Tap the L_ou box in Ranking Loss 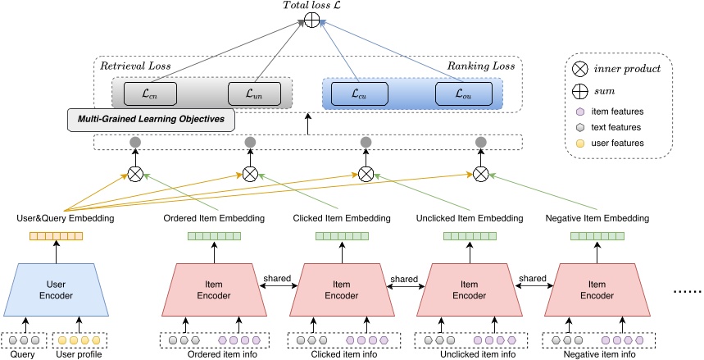point(460,93)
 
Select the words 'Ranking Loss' point(484,64)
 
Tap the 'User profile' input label point(79,353)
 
